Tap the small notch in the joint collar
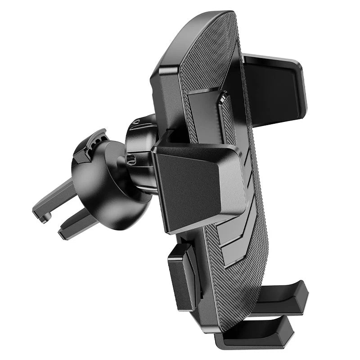point(131,158)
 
